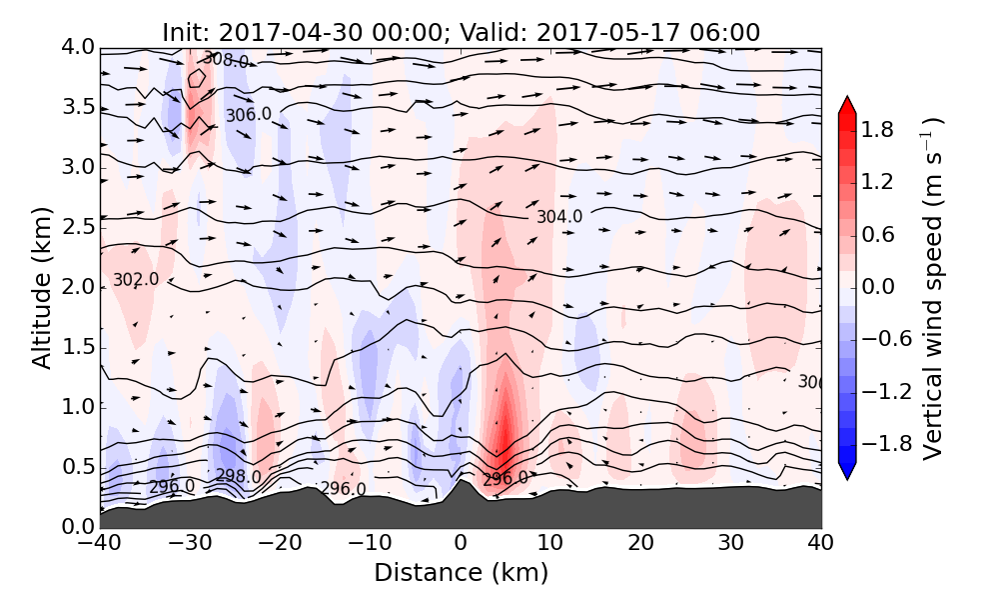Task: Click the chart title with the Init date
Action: coord(461,32)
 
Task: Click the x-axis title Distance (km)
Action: coord(461,573)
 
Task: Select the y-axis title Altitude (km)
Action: coord(41,287)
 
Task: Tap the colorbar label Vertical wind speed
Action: coord(933,288)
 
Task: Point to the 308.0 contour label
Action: coord(226,61)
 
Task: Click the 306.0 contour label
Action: coord(248,115)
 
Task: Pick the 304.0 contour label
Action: coord(558,216)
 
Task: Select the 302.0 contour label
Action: coord(136,280)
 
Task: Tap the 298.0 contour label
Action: coord(238,476)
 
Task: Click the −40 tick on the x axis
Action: coord(100,543)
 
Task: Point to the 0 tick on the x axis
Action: coord(461,543)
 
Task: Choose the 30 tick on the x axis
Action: coord(731,543)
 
